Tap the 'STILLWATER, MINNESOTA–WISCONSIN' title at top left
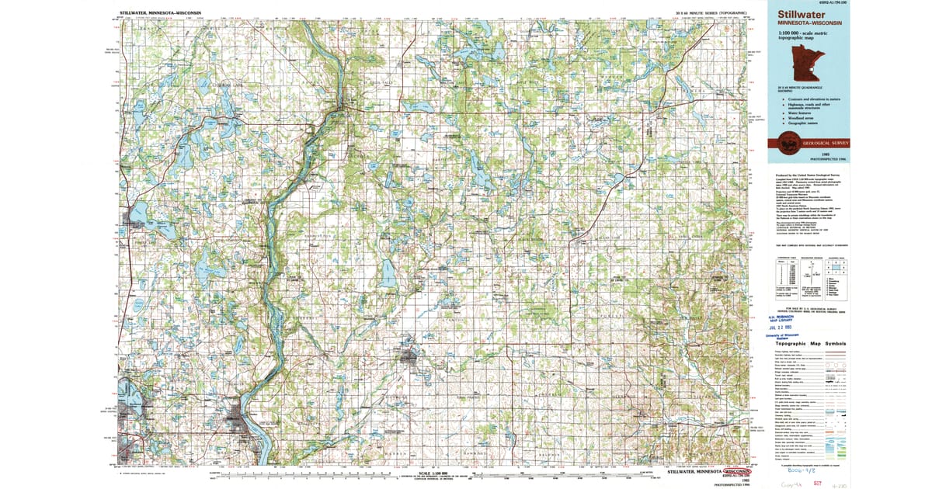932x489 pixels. [161, 12]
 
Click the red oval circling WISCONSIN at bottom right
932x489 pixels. [739, 471]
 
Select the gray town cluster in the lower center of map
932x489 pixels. [412, 357]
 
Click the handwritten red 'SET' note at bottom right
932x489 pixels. [833, 481]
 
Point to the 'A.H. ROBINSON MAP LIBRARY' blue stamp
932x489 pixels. [784, 318]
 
